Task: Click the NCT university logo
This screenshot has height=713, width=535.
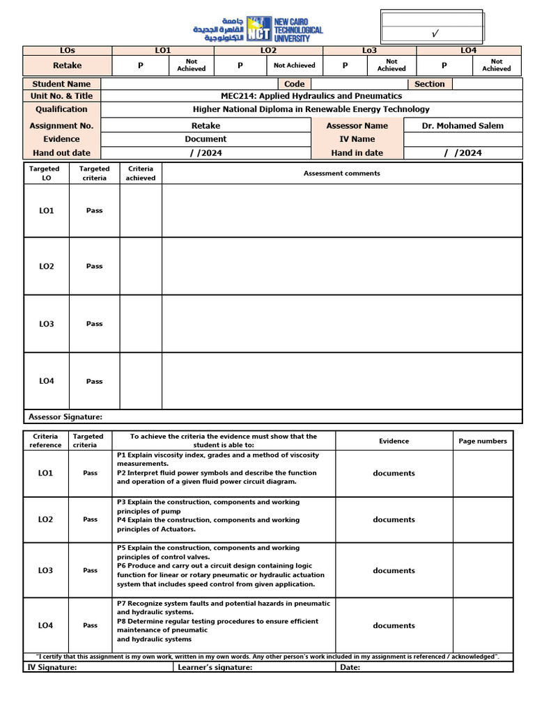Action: (x=259, y=29)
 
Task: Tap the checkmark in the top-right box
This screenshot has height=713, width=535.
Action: (x=435, y=33)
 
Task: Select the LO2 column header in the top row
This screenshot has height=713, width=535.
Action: (x=268, y=50)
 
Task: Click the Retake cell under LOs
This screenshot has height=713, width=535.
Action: (x=67, y=65)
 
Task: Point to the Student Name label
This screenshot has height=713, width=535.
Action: (x=61, y=84)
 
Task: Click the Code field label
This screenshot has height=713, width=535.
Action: (x=294, y=84)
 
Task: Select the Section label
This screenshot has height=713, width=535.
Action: (x=429, y=84)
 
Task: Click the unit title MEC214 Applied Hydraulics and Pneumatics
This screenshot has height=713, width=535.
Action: (x=311, y=96)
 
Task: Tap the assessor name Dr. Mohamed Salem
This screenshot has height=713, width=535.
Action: (x=463, y=125)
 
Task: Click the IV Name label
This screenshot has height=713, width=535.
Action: (x=357, y=139)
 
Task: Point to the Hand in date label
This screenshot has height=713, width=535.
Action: (x=357, y=152)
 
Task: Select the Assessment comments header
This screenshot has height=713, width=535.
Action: (x=341, y=173)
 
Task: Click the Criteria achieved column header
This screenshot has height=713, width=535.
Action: (x=141, y=173)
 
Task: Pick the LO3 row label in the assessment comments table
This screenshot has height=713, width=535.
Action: (x=47, y=324)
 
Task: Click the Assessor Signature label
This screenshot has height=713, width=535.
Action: (x=65, y=416)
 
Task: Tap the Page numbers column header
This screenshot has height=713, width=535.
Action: (x=483, y=441)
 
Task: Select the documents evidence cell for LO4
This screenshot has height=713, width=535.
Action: (x=394, y=625)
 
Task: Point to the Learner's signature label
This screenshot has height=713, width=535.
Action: (x=215, y=667)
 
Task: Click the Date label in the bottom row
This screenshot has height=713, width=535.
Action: (x=350, y=667)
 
